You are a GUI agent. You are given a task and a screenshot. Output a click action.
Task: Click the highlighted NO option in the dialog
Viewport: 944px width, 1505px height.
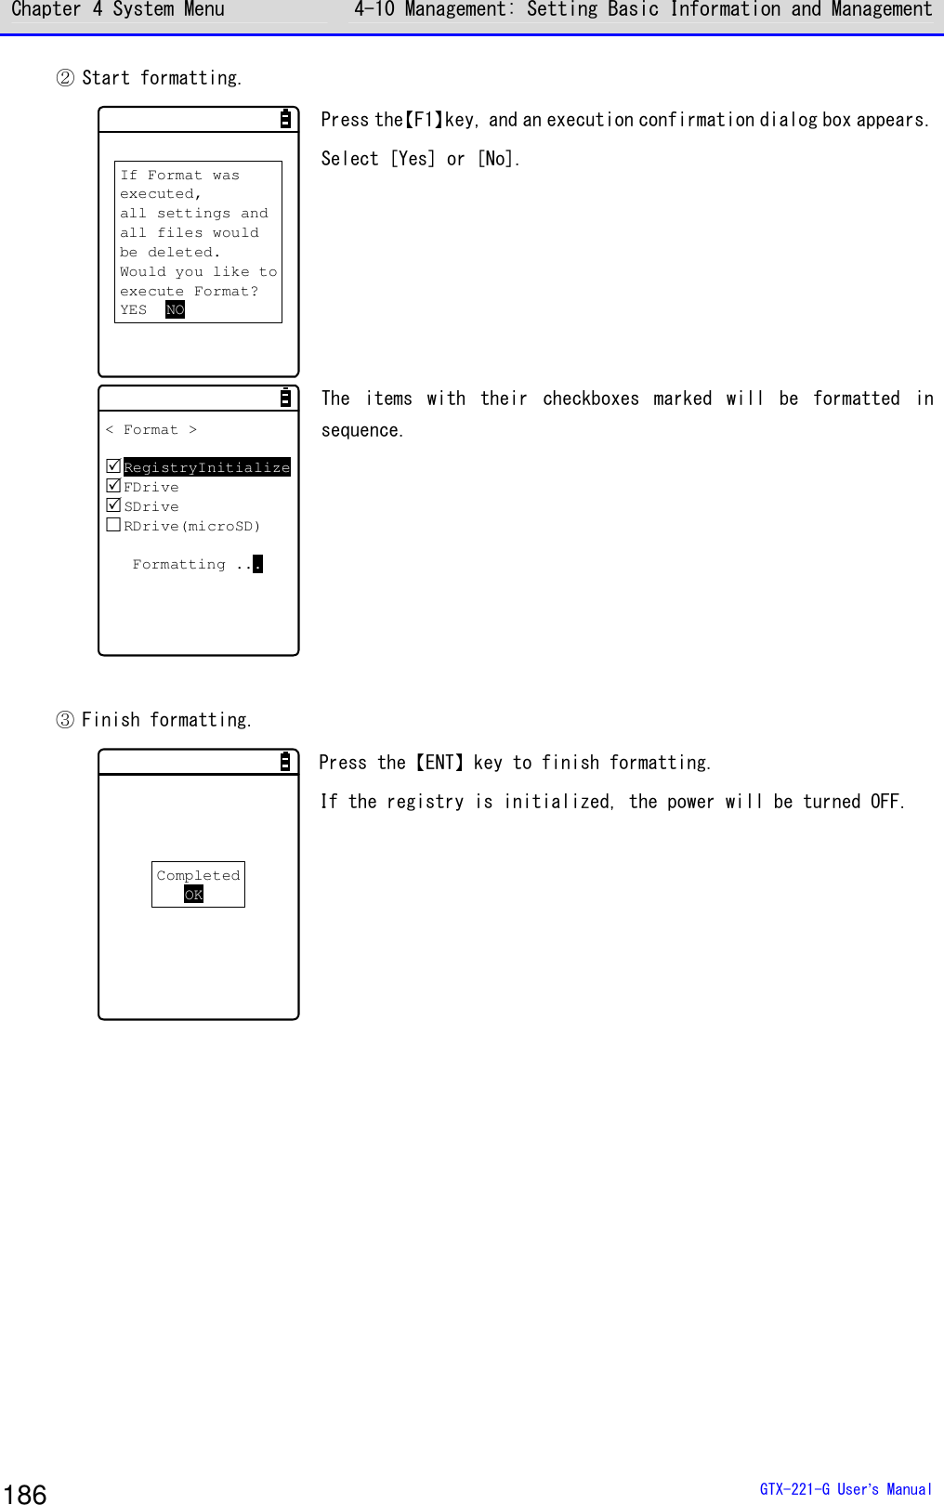(175, 310)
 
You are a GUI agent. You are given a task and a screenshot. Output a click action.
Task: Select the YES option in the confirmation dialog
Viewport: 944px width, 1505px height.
(134, 310)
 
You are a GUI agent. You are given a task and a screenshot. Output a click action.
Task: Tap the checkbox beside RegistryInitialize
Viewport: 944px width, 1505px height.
(113, 466)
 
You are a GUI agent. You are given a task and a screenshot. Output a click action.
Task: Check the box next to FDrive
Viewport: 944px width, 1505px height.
(113, 486)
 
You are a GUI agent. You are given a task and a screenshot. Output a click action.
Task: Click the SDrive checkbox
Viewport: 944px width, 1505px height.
(113, 505)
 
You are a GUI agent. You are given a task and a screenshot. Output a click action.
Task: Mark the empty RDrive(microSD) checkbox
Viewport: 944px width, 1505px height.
(113, 525)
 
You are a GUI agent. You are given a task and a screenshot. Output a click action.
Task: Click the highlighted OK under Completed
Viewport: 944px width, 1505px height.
(193, 895)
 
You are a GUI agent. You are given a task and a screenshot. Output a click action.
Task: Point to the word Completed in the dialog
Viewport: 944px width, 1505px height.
(198, 875)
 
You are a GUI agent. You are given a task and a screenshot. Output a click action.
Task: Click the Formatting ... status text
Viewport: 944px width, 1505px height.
(196, 564)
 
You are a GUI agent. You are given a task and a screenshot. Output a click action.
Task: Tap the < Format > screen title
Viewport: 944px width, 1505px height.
(151, 429)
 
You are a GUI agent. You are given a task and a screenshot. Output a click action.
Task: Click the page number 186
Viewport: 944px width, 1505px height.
(25, 1494)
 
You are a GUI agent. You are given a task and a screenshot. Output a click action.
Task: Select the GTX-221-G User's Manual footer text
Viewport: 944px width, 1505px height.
(845, 1489)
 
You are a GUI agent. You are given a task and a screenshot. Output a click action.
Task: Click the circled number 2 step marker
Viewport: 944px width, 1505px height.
(65, 78)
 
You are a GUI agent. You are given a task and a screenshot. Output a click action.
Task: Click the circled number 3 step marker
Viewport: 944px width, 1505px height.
(65, 720)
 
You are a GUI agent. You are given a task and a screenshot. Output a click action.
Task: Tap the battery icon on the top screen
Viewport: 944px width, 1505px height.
(285, 119)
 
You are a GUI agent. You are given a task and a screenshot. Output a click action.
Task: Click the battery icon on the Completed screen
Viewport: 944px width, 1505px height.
(285, 762)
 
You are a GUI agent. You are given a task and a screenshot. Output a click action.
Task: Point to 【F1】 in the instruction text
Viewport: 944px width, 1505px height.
(424, 120)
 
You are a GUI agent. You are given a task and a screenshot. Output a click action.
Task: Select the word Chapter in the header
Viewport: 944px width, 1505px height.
(46, 10)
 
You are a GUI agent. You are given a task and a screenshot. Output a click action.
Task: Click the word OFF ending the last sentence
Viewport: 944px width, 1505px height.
(885, 802)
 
